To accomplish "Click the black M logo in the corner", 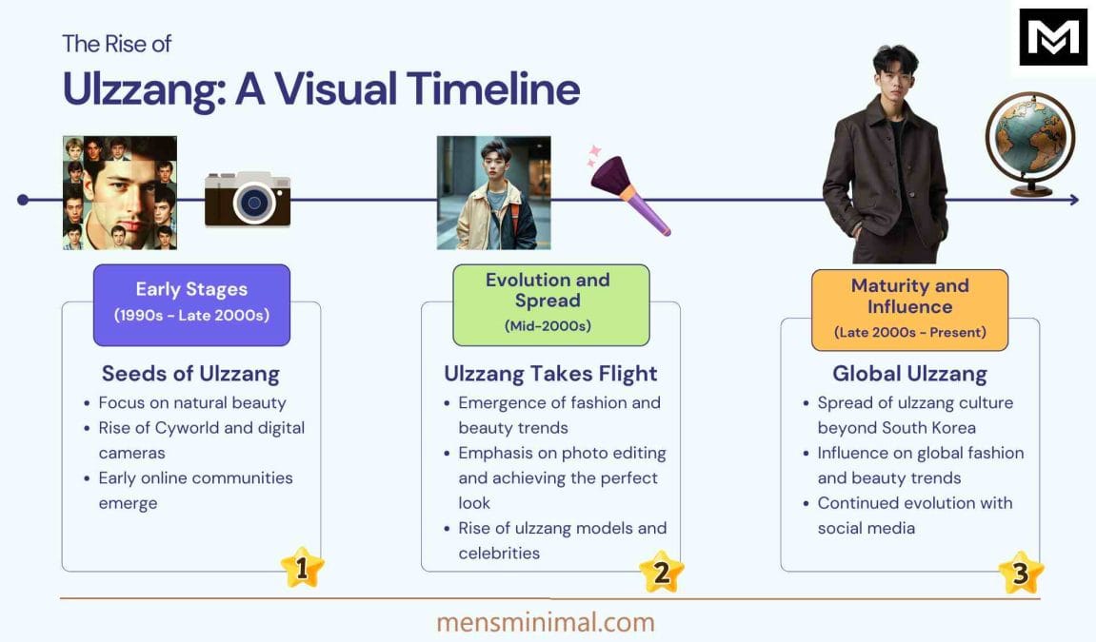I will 1053,37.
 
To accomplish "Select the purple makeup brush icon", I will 629,195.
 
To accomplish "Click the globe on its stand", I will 1029,143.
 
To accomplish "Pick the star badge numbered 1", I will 302,568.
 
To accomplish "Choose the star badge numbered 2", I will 661,571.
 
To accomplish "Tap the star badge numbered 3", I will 1020,573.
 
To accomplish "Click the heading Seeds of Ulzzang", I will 190,374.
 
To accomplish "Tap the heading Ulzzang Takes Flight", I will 550,374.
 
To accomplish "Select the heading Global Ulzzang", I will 909,374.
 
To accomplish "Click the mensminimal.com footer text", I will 546,622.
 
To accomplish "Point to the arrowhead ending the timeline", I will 1074,200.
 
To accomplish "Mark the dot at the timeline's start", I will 24,200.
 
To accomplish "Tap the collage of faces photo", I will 120,192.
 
